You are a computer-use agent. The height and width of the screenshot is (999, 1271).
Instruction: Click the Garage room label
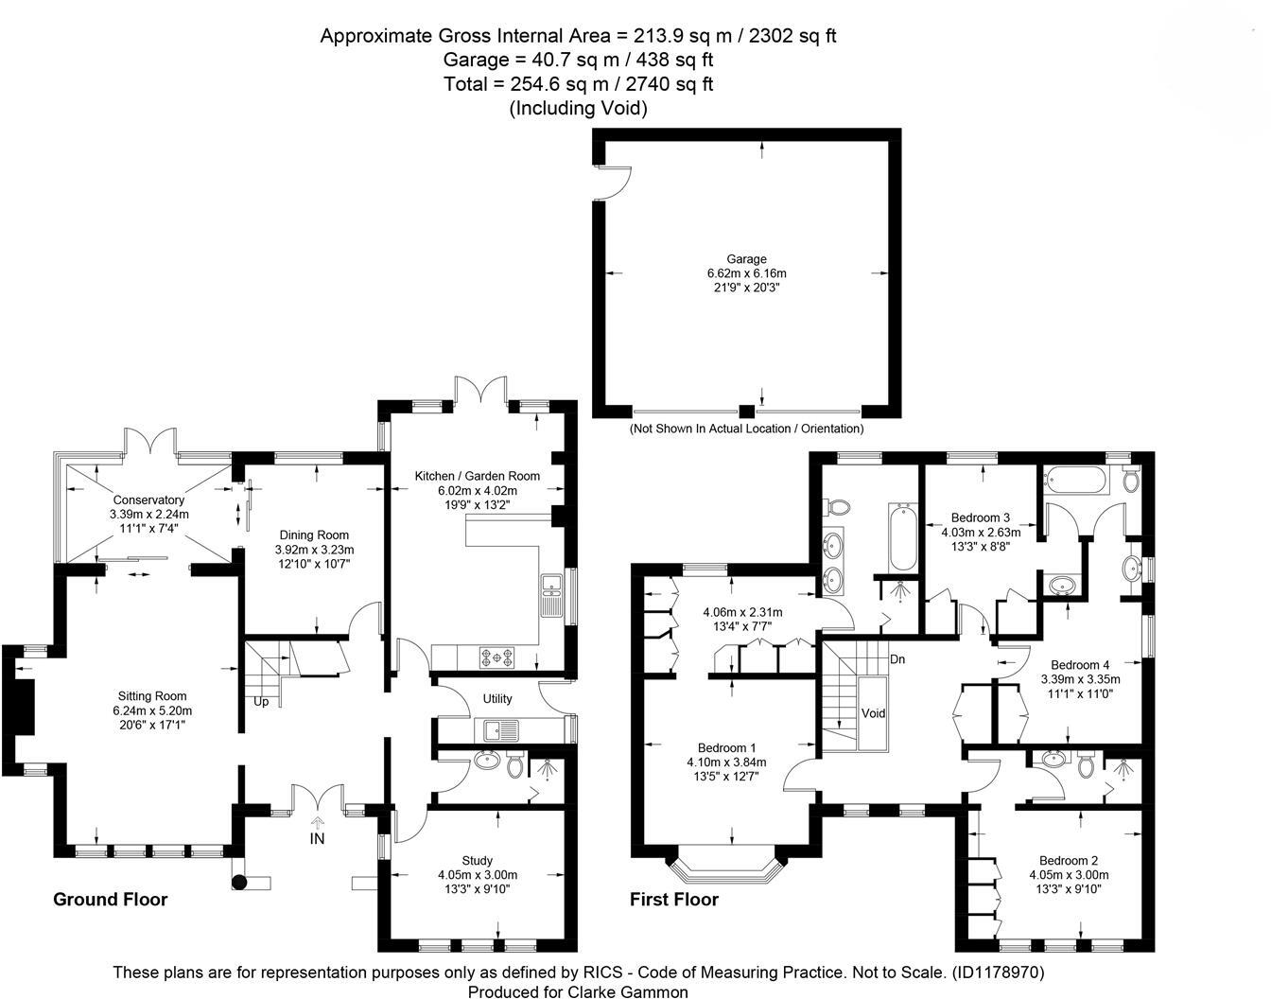[x=746, y=258]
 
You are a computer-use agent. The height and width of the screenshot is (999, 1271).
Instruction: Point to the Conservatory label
[x=148, y=499]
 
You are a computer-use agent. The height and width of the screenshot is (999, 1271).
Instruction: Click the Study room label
[x=477, y=860]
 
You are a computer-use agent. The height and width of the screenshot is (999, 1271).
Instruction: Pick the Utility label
[x=497, y=699]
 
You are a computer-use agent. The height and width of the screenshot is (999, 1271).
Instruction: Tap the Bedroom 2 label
[x=1069, y=860]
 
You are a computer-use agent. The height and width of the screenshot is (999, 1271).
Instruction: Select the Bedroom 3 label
[x=981, y=517]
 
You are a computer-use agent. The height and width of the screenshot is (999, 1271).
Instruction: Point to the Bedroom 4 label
[x=1080, y=664]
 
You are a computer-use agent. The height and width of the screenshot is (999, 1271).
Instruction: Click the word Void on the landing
[x=873, y=713]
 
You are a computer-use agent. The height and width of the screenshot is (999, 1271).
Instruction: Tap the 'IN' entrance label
[x=317, y=838]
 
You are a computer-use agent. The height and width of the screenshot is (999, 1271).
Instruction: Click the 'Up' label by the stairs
[x=260, y=702]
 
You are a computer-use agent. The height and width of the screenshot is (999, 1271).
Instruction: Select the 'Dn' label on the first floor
[x=897, y=658]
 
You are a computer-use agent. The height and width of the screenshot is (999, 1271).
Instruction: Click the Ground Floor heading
[x=110, y=900]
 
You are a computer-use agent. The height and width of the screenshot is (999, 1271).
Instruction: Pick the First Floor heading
[x=674, y=900]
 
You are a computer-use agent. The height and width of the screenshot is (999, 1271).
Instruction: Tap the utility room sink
[x=493, y=729]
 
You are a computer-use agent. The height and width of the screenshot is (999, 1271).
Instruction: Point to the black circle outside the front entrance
[x=239, y=882]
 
